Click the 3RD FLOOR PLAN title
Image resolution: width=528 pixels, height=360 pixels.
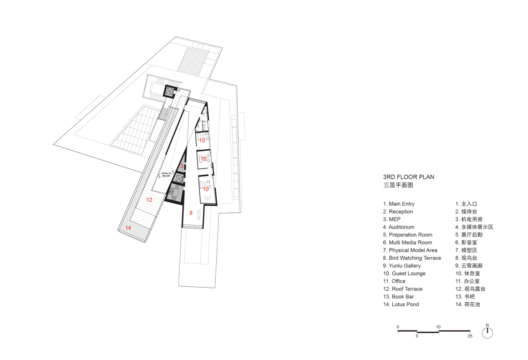(408, 177)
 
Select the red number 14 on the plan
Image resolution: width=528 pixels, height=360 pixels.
(128, 228)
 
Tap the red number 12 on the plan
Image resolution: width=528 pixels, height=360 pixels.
(149, 200)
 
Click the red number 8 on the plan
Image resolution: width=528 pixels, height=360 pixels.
(191, 213)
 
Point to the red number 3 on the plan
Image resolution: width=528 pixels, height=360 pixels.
(182, 166)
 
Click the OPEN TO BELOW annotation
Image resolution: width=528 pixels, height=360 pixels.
(166, 174)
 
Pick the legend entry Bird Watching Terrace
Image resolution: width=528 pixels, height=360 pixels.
(412, 258)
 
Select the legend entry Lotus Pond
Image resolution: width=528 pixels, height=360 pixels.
(401, 304)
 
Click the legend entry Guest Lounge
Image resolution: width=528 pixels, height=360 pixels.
(404, 274)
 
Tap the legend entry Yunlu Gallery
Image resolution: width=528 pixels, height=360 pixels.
(402, 266)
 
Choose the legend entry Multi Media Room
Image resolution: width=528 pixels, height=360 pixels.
(407, 243)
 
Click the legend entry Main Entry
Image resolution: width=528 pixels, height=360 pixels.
(399, 204)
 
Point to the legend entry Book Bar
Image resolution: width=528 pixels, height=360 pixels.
(398, 297)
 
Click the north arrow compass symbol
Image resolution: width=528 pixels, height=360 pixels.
(487, 332)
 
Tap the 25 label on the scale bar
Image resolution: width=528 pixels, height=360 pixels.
(470, 336)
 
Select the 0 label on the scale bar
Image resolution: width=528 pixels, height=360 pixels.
(398, 327)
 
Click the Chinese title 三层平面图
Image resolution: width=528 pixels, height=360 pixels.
(398, 185)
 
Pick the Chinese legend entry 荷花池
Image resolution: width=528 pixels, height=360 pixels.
(468, 304)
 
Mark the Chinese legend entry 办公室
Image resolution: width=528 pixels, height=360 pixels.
(467, 281)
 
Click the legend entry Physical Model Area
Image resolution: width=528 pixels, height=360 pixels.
(410, 250)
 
